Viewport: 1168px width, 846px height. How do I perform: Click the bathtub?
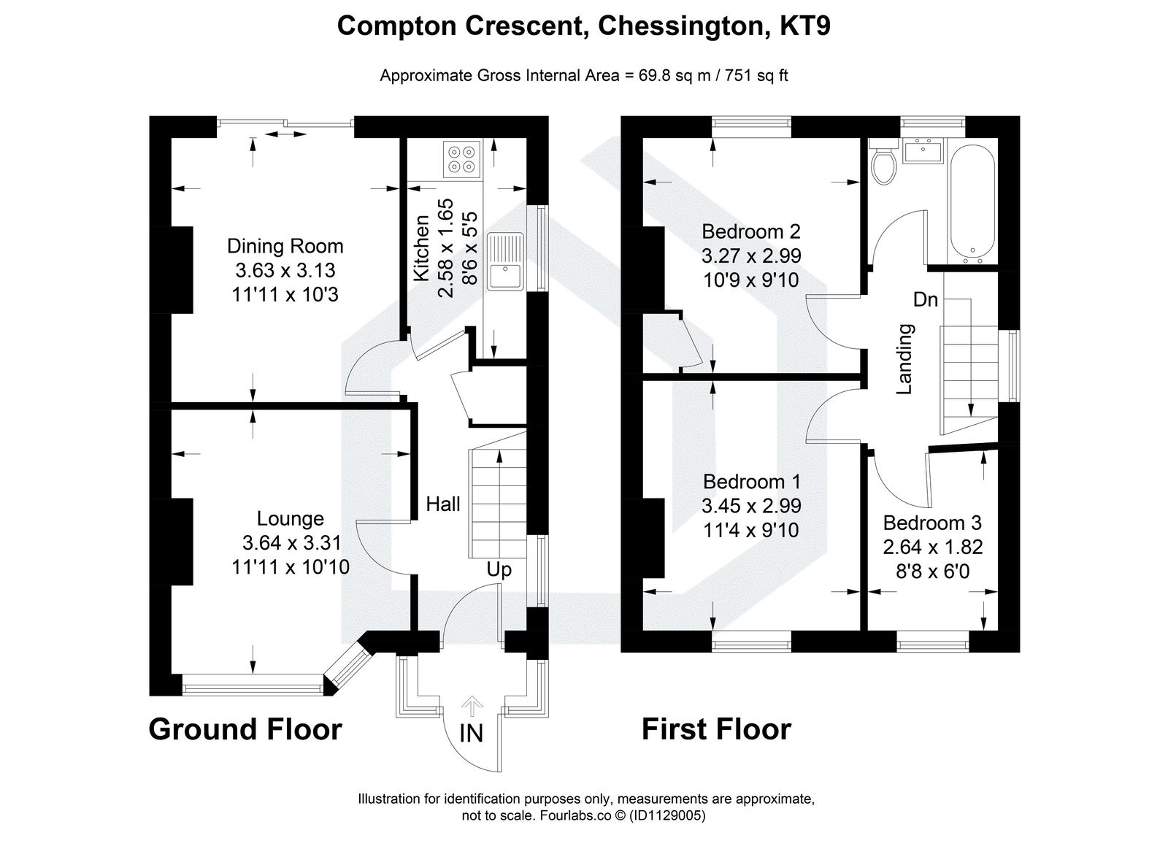[x=972, y=204]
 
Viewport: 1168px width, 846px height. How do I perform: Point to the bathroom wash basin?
[x=923, y=152]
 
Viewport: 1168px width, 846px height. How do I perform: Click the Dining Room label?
[x=285, y=246]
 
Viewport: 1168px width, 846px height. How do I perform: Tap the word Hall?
[x=443, y=504]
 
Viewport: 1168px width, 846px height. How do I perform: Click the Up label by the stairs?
[x=499, y=569]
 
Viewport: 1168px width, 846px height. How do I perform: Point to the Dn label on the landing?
[x=925, y=299]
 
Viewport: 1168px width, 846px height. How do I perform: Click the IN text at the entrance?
[x=472, y=733]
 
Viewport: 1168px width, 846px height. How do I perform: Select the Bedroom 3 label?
[x=932, y=523]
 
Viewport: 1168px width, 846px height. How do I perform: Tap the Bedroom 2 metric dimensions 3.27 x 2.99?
[x=751, y=255]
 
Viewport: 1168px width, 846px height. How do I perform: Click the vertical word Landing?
[x=904, y=358]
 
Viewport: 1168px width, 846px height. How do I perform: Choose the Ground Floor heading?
[x=245, y=729]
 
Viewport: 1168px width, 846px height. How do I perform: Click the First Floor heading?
[x=716, y=729]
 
